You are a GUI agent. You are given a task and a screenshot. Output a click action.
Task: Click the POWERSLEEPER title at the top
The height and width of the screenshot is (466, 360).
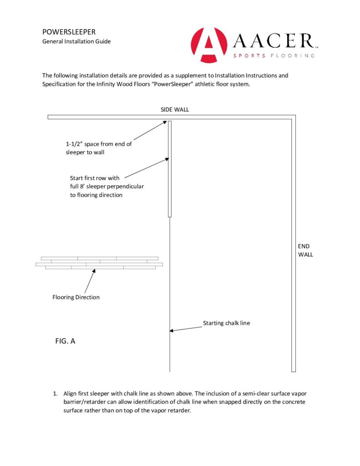click(69, 32)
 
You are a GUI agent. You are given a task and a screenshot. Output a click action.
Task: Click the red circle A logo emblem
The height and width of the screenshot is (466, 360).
click(209, 46)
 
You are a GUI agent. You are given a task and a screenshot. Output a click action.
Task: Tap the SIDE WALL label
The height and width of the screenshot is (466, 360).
click(175, 110)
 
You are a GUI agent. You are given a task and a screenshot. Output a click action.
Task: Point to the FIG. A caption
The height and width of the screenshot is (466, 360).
click(64, 340)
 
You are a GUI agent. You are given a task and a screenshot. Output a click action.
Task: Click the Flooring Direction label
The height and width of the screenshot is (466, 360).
click(76, 298)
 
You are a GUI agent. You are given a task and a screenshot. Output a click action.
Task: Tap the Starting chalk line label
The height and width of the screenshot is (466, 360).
click(226, 324)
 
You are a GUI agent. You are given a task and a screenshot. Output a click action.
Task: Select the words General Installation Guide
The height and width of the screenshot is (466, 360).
click(76, 41)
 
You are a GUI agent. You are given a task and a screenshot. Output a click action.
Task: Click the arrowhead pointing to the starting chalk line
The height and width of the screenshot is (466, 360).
click(172, 330)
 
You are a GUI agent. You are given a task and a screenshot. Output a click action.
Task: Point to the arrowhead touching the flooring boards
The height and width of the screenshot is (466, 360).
click(94, 271)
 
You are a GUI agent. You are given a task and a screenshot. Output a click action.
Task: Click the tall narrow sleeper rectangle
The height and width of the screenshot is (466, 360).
click(170, 169)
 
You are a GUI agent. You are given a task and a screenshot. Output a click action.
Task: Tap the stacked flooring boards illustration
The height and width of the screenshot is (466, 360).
click(99, 263)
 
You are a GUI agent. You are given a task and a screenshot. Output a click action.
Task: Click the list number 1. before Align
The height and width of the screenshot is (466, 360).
click(56, 393)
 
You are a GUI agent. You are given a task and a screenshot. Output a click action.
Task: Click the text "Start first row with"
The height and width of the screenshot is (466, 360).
click(95, 178)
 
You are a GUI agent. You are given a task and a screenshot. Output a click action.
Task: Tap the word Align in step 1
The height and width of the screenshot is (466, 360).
click(71, 393)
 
